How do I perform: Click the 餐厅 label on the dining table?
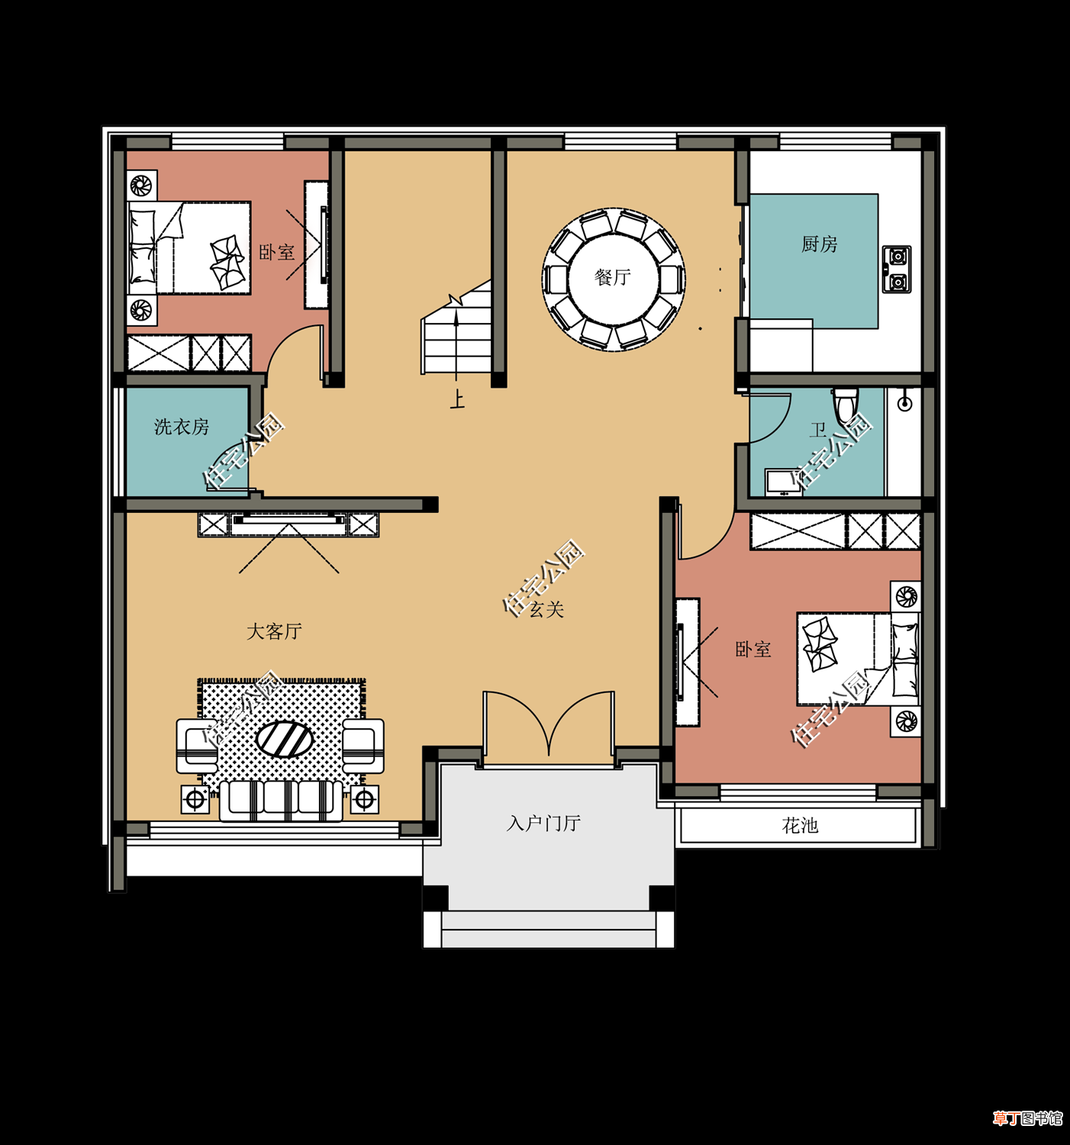612,277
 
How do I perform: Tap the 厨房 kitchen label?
819,244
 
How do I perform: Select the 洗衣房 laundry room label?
182,427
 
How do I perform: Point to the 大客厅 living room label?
275,631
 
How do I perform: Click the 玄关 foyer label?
546,609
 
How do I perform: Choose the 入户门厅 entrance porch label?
543,824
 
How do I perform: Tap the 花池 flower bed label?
800,826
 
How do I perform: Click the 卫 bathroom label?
818,430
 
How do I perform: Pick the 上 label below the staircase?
457,399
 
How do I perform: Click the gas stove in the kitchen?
897,269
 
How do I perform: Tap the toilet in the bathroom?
846,404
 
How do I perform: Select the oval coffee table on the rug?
285,739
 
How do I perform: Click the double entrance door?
548,727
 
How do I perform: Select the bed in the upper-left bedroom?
189,247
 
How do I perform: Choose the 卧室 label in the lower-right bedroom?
753,649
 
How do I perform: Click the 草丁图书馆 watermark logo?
1026,1118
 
